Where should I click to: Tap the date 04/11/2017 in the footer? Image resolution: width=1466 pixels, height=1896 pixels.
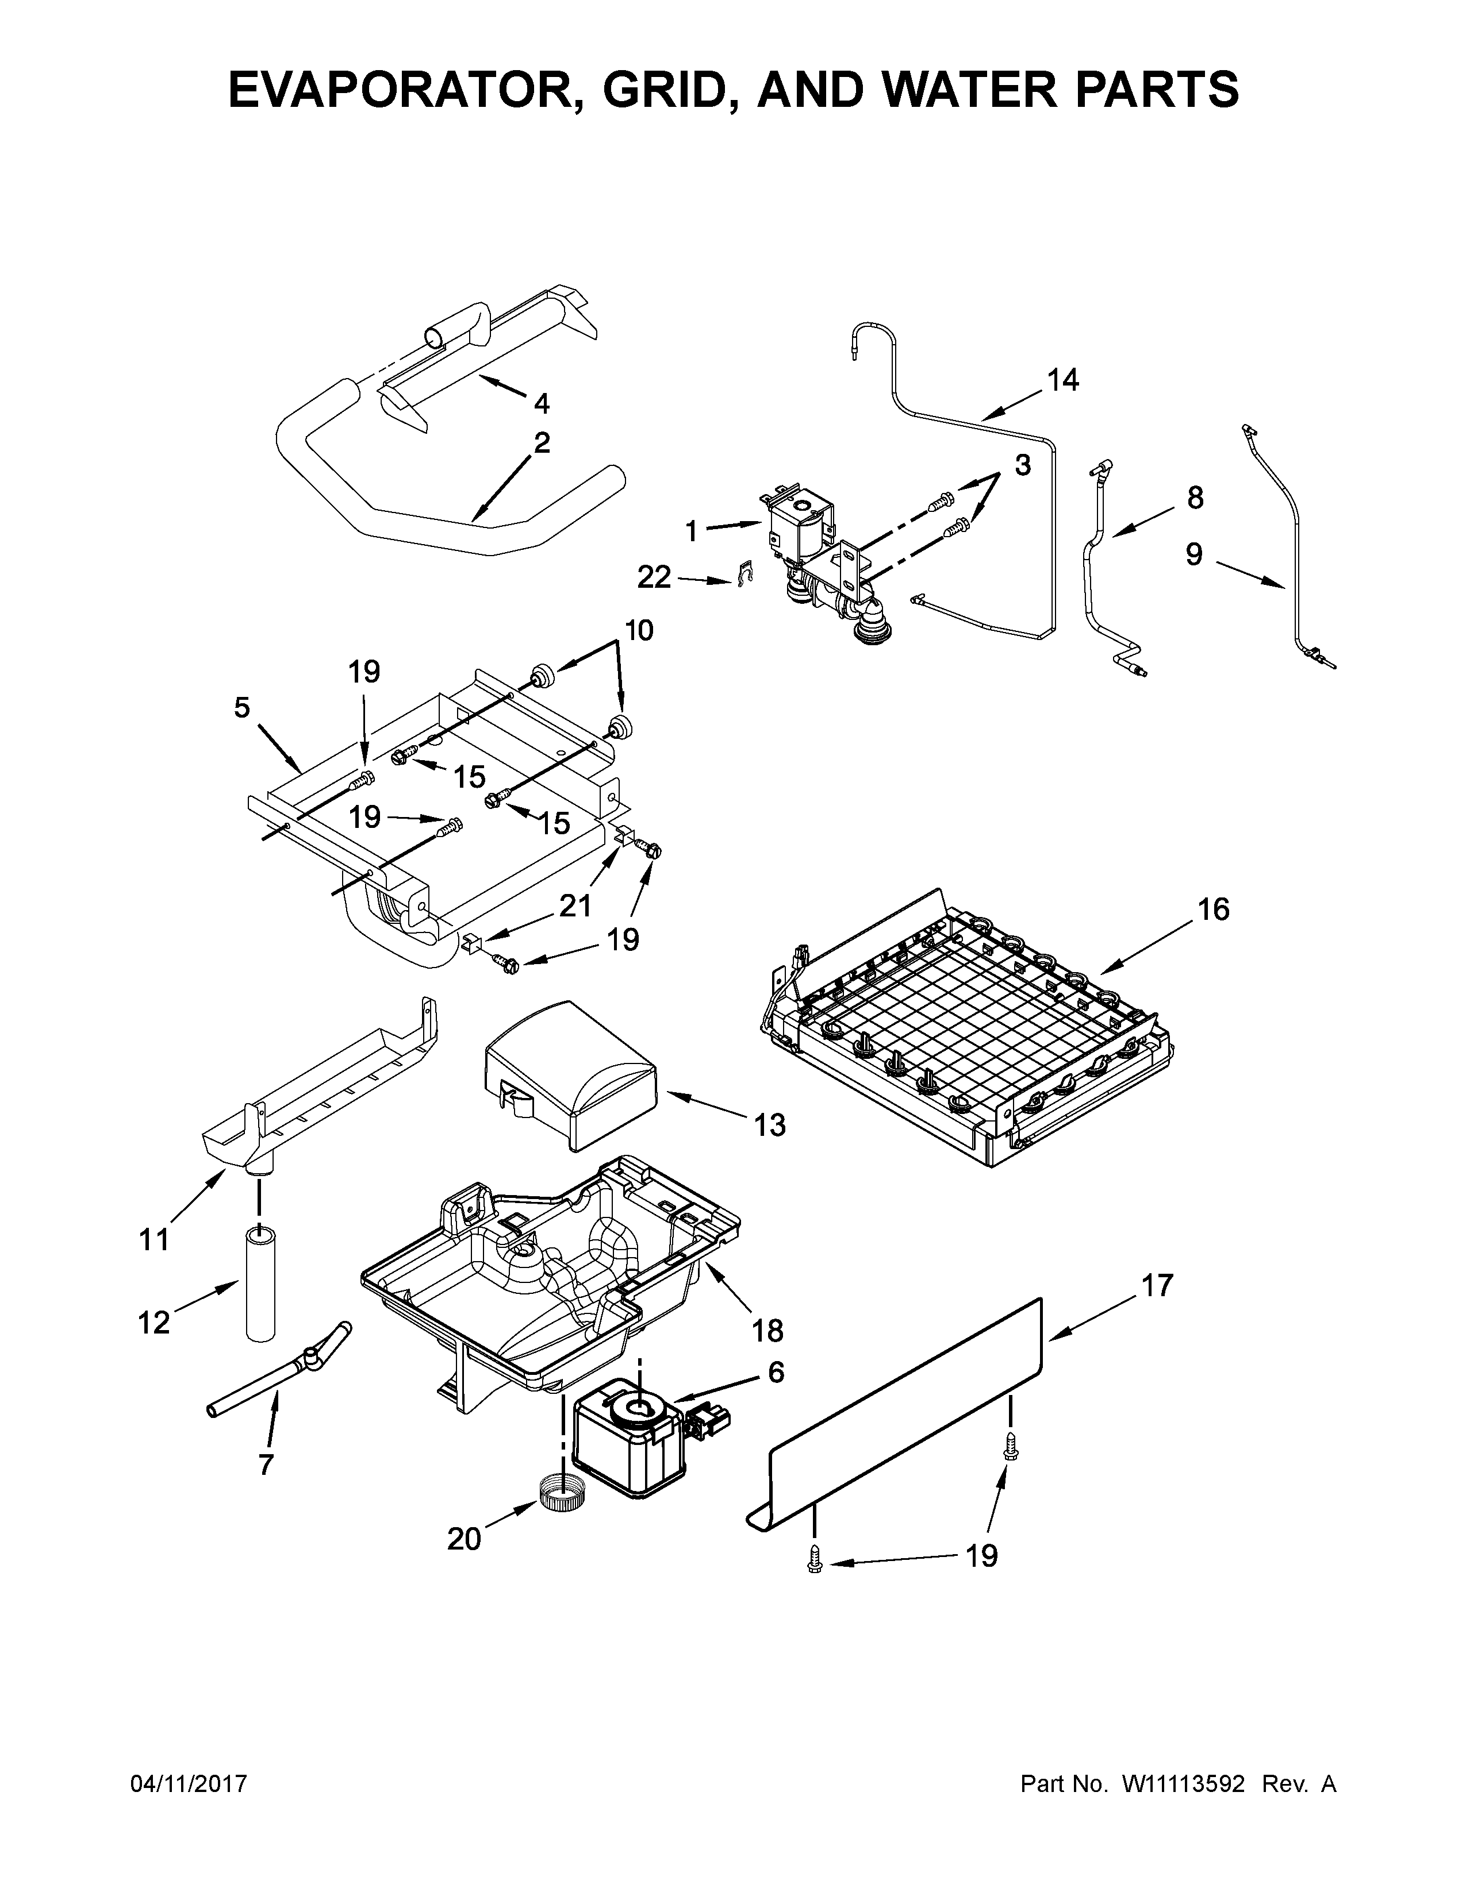[189, 1784]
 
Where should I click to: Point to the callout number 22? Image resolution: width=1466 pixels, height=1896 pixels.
[654, 577]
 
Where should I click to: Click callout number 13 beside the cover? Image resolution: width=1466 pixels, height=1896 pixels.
[769, 1125]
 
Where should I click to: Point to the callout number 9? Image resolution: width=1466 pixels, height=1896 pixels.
[1195, 554]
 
